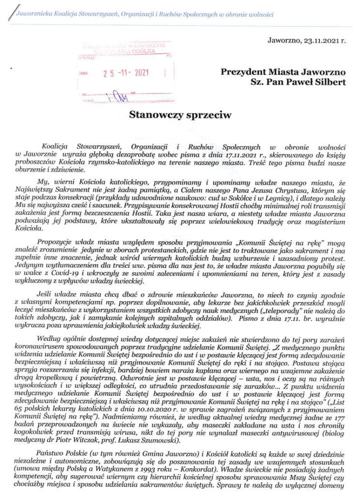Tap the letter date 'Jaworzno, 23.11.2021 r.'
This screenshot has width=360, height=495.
click(307, 41)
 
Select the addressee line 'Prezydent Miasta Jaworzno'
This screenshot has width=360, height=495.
click(283, 72)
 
